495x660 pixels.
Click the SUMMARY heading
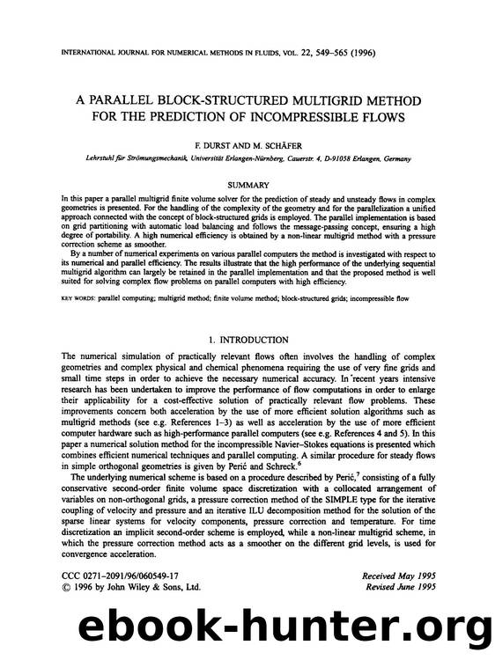click(247, 185)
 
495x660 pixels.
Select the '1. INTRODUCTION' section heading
click(247, 340)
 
